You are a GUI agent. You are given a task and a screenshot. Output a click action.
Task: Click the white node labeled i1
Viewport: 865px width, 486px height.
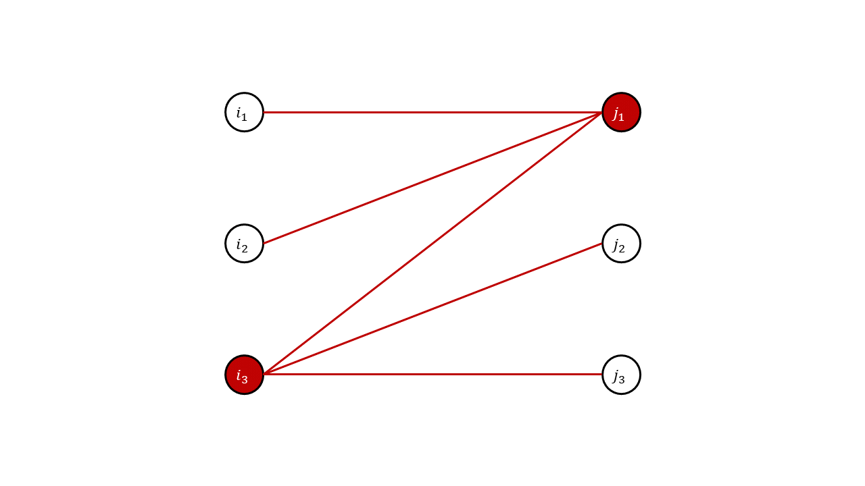[x=244, y=112]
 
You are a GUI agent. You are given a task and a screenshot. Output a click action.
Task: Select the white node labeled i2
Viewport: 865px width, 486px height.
[x=244, y=244]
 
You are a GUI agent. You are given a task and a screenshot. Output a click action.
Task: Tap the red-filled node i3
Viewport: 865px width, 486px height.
[x=244, y=375]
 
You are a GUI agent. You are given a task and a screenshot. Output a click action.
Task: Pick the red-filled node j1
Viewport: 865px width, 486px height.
[x=621, y=112]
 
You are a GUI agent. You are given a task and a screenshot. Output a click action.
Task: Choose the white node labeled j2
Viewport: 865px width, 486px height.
[x=621, y=244]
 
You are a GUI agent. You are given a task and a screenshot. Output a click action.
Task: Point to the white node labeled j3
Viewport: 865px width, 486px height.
[x=621, y=375]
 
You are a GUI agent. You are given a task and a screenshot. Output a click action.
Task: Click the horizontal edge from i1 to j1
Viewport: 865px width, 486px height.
[x=432, y=112]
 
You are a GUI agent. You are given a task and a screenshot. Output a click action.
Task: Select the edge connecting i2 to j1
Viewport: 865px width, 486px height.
[x=432, y=178]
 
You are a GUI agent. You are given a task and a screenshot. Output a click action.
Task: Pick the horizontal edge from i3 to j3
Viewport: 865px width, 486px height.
[x=432, y=374]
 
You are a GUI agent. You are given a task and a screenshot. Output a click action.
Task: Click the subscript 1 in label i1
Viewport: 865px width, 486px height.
[x=244, y=117]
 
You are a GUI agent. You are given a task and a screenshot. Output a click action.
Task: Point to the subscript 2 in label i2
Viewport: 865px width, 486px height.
[x=244, y=249]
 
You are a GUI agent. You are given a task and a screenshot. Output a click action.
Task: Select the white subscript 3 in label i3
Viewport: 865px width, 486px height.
[x=244, y=380]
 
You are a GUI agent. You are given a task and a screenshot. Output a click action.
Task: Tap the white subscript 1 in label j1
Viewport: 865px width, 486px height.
[x=621, y=117]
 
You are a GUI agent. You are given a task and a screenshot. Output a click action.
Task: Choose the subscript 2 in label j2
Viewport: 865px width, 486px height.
[x=621, y=249]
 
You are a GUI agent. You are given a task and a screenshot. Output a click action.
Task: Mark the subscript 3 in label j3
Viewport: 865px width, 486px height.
[x=621, y=380]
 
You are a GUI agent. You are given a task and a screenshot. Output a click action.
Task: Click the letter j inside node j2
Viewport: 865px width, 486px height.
[x=616, y=244]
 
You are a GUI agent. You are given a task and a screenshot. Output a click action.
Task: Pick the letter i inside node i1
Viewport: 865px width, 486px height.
[x=239, y=111]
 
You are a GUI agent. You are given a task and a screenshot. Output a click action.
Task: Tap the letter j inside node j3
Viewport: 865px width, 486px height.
[x=616, y=375]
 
